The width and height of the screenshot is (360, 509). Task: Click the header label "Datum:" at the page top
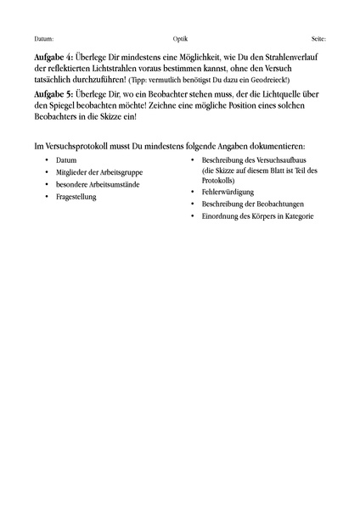(44, 39)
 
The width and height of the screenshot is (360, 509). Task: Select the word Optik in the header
(180, 39)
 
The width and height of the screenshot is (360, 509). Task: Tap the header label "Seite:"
(318, 39)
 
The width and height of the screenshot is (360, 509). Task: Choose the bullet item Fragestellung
(76, 197)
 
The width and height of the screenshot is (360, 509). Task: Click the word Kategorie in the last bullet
(295, 216)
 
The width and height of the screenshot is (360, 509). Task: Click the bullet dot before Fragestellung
(46, 197)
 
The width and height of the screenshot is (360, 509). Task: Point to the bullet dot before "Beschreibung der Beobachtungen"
(192, 204)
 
